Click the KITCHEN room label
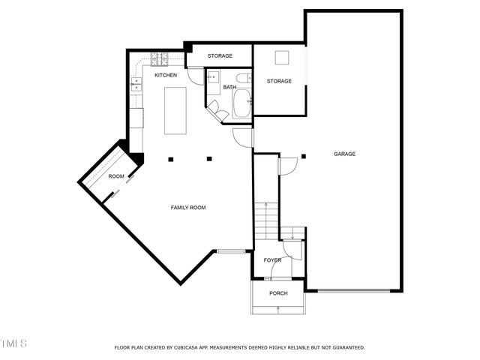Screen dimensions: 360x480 [166, 76]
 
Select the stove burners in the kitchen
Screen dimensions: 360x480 [160, 58]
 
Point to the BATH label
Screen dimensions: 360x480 [229, 88]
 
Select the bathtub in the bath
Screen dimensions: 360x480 [242, 106]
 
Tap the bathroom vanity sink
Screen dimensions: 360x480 [212, 76]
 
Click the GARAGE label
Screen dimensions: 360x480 [344, 154]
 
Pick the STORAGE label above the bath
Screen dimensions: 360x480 [220, 56]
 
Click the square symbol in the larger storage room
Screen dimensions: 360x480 [281, 58]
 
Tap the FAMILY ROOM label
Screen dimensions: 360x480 [188, 208]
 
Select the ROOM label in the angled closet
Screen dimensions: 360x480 [116, 176]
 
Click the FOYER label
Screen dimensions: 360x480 [272, 260]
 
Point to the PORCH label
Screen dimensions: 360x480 [279, 292]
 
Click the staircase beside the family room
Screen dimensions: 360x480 [265, 222]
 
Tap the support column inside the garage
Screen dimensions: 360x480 [304, 157]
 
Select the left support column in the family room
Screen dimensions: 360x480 [172, 158]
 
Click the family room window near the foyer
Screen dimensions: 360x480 [230, 250]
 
